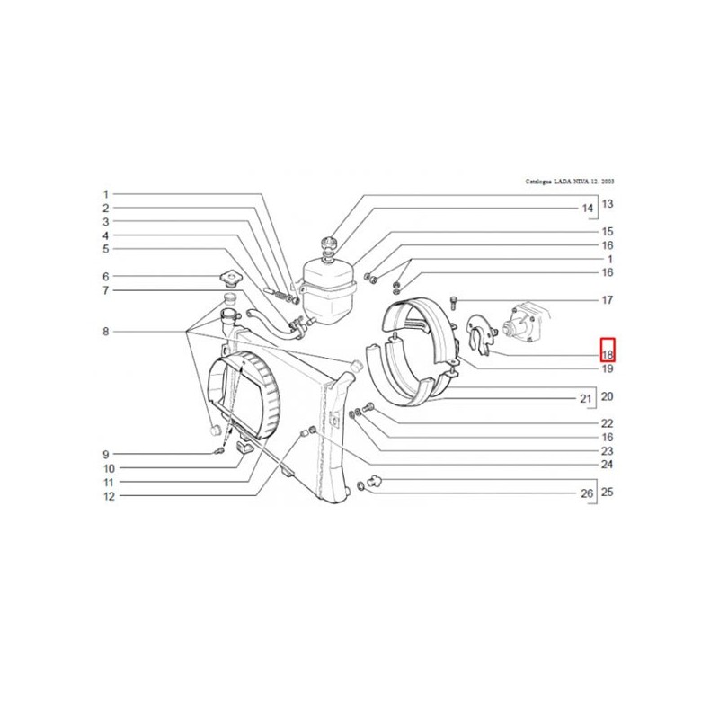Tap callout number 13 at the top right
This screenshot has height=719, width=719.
point(608,203)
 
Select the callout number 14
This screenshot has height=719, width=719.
point(588,209)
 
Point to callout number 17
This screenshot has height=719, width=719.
point(608,300)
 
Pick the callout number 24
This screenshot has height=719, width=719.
point(608,465)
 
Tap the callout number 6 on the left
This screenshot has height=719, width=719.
point(105,277)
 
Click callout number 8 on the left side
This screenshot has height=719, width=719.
point(105,332)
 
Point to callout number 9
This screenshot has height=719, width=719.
point(105,455)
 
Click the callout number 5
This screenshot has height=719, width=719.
point(105,249)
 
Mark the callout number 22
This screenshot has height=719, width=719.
point(608,423)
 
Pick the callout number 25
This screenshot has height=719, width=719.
point(608,493)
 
